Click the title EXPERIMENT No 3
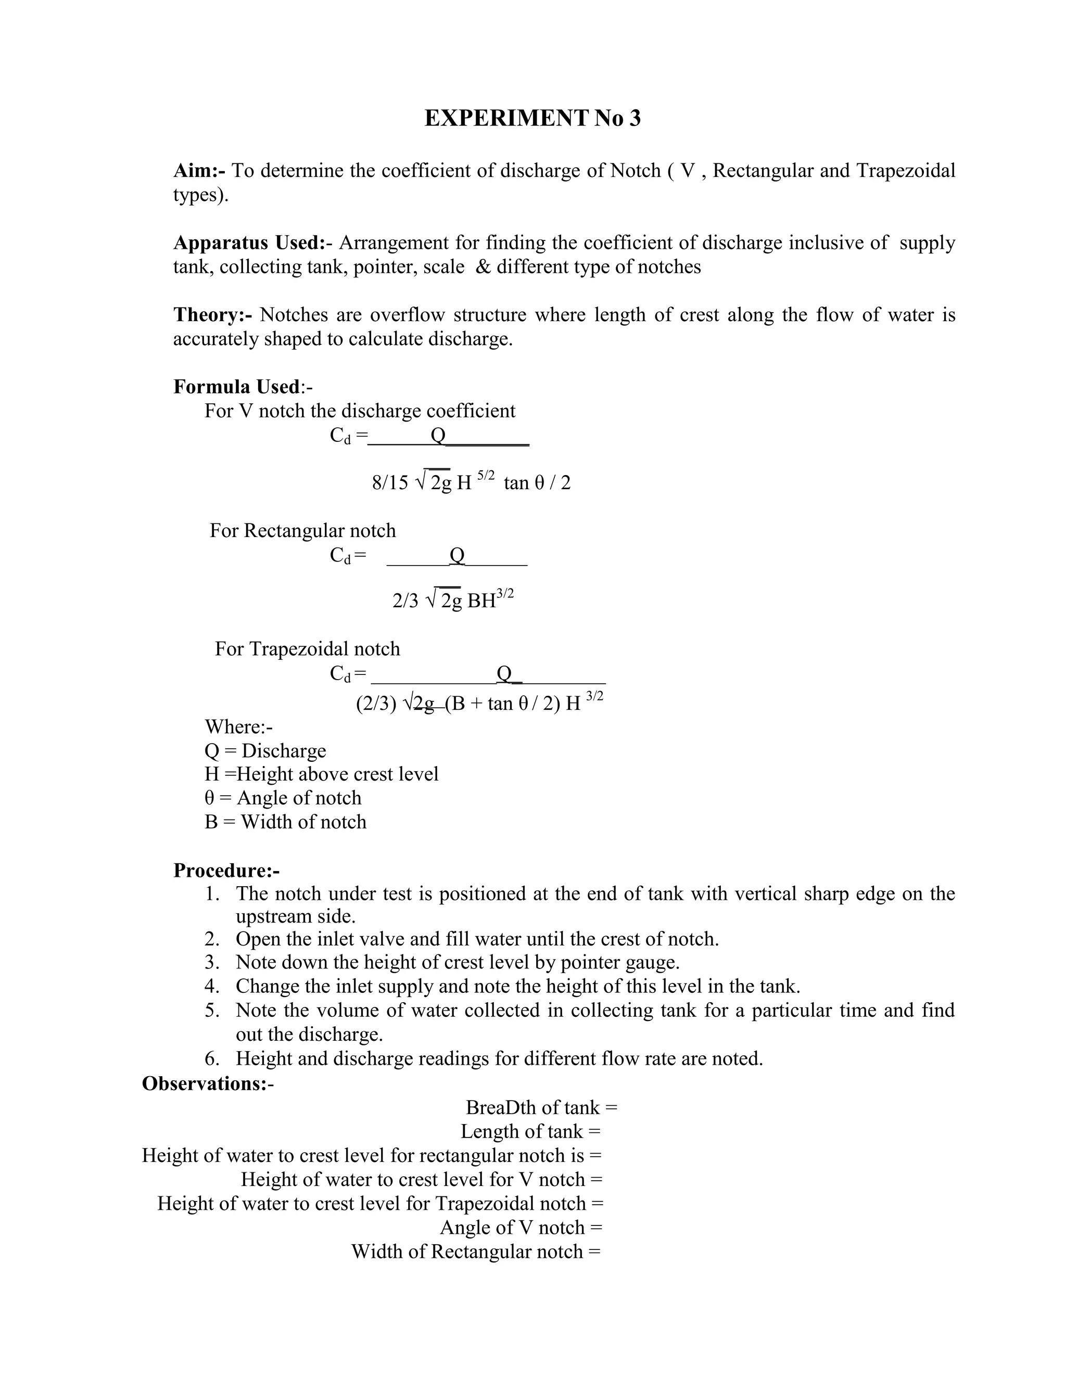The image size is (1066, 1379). point(532,119)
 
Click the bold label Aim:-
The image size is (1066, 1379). point(199,171)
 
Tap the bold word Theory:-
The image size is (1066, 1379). point(213,314)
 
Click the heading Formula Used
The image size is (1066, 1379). point(236,387)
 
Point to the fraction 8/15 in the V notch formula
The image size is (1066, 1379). point(390,483)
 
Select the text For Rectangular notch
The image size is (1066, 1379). point(302,530)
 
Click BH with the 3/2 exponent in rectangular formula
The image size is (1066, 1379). point(490,599)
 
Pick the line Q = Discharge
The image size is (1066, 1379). point(265,751)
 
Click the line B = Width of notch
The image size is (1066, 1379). point(285,822)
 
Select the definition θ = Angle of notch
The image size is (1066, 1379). point(283,798)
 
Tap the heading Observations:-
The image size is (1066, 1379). point(208,1083)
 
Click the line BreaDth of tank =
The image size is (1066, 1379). point(541,1107)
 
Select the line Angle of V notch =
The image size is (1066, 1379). point(521,1228)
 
